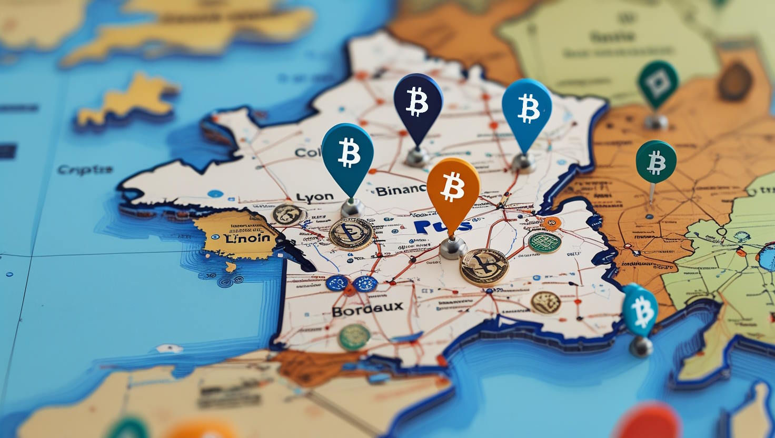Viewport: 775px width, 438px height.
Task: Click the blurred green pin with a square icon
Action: click(658, 84)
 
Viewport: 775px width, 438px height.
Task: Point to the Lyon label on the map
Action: click(315, 197)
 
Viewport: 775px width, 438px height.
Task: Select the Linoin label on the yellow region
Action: click(247, 237)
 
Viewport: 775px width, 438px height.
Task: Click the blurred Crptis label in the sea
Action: click(85, 170)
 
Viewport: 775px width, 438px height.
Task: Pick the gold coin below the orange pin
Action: click(484, 267)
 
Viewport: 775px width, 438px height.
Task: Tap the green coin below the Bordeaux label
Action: click(354, 337)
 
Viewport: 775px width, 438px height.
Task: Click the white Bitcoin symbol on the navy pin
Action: click(418, 101)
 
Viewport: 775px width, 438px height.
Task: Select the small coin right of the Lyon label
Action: click(289, 214)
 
